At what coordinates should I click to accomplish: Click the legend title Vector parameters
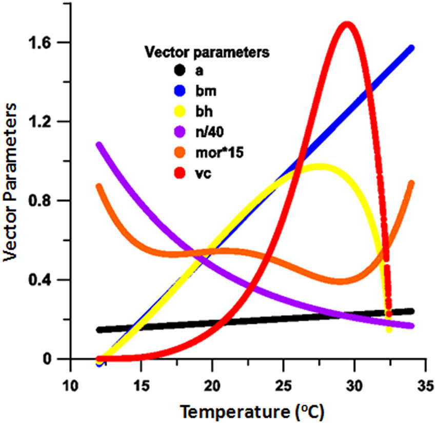[x=207, y=52]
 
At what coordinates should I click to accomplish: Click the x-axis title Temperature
[x=251, y=410]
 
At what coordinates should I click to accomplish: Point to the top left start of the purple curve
[x=99, y=145]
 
